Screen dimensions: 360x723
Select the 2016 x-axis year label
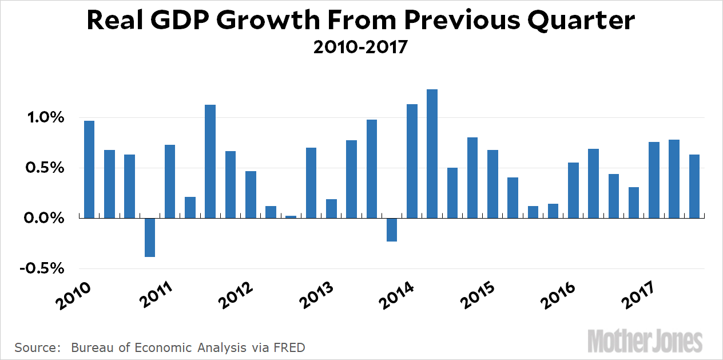coord(561,296)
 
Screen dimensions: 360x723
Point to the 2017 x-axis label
coord(641,296)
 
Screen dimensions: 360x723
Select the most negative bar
coord(150,238)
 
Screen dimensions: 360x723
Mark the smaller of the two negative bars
coord(392,230)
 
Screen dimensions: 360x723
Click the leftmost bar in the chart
coord(89,169)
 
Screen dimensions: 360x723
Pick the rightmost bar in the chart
coord(694,186)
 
